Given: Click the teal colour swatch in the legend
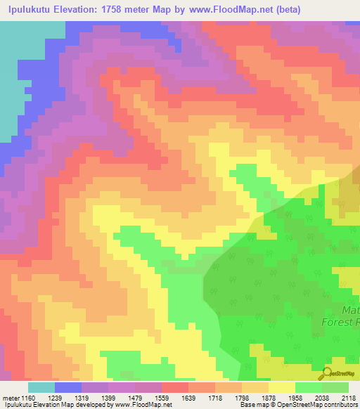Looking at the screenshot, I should (41, 387).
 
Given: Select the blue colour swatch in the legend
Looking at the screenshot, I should (67, 387).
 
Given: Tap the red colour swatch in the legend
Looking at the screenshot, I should (174, 387).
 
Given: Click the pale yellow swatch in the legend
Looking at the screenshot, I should (281, 387).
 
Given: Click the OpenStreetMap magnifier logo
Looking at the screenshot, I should (326, 372).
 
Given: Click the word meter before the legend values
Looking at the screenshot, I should (10, 398).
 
